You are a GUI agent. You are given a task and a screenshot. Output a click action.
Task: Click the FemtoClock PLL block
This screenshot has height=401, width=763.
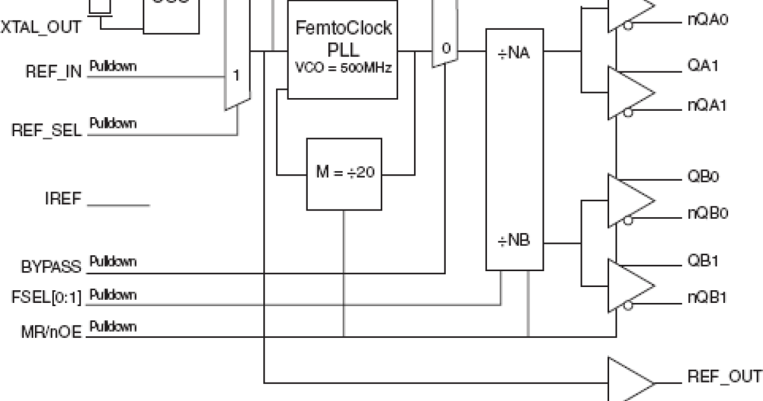[x=343, y=50]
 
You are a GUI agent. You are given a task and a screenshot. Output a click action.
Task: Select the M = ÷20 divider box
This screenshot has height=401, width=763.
[x=344, y=173]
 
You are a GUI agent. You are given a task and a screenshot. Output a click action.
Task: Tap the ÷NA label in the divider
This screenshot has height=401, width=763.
[x=514, y=52]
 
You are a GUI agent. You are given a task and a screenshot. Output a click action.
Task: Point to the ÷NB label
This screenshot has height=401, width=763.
[x=514, y=242]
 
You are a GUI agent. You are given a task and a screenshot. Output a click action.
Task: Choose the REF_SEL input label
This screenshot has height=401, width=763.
[x=48, y=130]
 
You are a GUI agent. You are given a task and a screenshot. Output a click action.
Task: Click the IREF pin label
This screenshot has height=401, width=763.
[x=64, y=199]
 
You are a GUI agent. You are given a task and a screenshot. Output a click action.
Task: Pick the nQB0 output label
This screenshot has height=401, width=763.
[x=707, y=213]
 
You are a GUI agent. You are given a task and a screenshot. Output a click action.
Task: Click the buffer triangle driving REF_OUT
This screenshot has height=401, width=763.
[x=629, y=381]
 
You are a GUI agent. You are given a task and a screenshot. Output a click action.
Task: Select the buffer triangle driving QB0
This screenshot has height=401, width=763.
[x=629, y=199]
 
